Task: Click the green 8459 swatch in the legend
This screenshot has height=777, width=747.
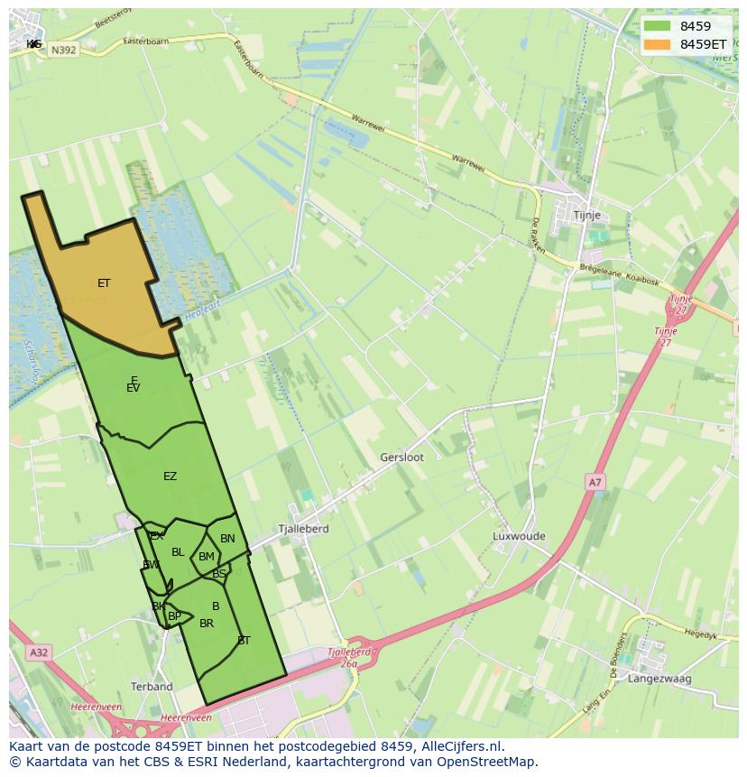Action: (657, 26)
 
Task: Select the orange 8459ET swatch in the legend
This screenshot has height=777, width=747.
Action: (657, 43)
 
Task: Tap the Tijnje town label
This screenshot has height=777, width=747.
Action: (587, 216)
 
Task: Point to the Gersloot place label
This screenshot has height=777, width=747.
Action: (401, 458)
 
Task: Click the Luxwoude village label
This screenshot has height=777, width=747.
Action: (519, 536)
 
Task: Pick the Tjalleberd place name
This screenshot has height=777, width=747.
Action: (303, 529)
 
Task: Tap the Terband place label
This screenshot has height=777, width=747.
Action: (152, 687)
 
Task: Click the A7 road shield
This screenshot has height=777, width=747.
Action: (595, 483)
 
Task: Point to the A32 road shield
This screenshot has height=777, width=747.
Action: (38, 652)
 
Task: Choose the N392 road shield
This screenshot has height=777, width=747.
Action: (63, 51)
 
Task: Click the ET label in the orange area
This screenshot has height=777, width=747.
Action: (104, 283)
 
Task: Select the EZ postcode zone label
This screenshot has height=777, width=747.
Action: (170, 476)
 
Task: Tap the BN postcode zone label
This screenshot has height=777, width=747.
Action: (227, 539)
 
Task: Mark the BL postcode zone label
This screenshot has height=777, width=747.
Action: (178, 552)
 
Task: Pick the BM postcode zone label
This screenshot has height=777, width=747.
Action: (207, 557)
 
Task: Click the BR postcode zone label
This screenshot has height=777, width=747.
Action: (207, 624)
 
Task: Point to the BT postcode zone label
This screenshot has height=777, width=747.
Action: (244, 641)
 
